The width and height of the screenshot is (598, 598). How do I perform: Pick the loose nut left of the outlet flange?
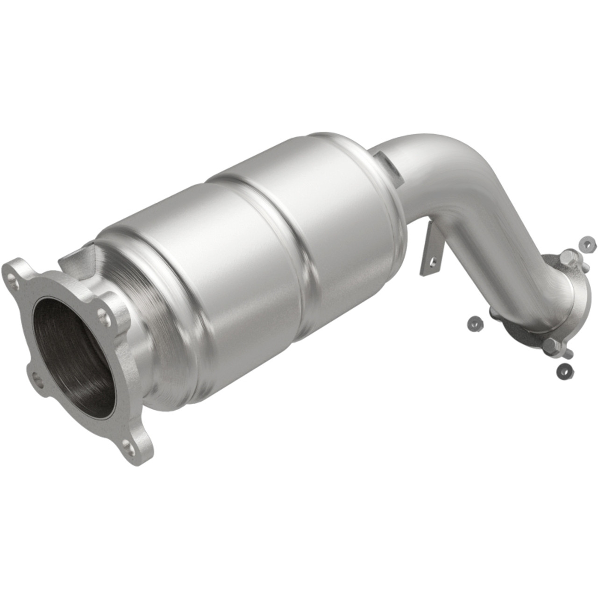pos(474,322)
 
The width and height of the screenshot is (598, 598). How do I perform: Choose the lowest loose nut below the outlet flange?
pos(564,370)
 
